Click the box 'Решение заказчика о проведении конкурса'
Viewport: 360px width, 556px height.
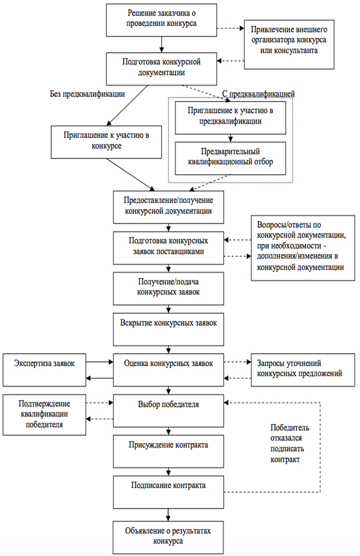click(x=162, y=20)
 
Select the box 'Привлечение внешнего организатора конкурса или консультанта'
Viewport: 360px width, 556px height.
click(x=289, y=44)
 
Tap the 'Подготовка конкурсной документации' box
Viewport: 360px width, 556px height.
click(x=162, y=69)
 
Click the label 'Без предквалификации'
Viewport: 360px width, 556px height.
click(x=87, y=94)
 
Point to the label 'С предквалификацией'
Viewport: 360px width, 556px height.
click(x=258, y=94)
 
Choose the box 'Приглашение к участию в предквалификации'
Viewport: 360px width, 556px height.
click(x=230, y=118)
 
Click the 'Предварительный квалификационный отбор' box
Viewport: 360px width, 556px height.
click(x=230, y=158)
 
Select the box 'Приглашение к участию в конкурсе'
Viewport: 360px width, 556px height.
click(x=106, y=142)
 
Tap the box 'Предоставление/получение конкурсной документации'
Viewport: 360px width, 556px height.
click(x=169, y=207)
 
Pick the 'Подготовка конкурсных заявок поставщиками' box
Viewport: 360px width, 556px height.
click(x=169, y=248)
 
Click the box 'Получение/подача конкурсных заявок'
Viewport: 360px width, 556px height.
click(x=169, y=288)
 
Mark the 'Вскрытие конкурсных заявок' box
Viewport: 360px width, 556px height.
click(x=169, y=330)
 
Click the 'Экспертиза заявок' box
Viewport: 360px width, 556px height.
click(x=44, y=370)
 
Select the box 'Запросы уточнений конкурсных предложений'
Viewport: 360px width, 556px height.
click(x=303, y=370)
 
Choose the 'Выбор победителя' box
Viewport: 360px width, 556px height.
click(x=169, y=411)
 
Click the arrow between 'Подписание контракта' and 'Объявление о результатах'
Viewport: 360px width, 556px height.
click(x=169, y=515)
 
